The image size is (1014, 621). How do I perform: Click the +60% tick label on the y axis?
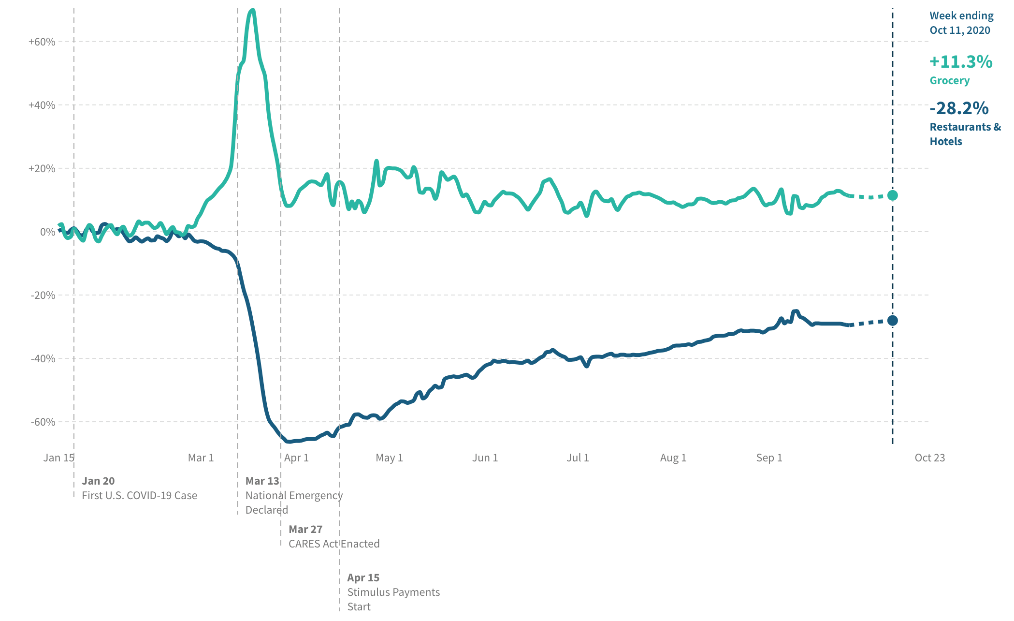tap(42, 42)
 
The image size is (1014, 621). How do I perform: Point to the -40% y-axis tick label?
tap(43, 359)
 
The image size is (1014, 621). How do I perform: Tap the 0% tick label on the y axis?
tap(47, 232)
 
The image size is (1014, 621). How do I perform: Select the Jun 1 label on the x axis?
tap(485, 458)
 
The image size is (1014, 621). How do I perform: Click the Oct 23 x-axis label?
tap(929, 458)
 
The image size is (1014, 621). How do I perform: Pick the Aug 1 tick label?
tap(673, 458)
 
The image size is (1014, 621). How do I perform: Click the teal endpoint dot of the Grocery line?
tap(893, 195)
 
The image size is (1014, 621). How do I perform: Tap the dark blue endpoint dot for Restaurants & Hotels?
tap(893, 321)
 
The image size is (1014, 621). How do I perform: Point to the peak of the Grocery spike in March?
tap(252, 11)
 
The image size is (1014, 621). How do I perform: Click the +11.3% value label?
tap(961, 62)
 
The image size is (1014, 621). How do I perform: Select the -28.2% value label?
tap(959, 108)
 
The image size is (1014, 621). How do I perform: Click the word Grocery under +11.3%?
tap(949, 81)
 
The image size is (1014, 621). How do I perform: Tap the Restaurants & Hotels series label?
tap(965, 134)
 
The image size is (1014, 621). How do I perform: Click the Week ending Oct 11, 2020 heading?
tap(961, 23)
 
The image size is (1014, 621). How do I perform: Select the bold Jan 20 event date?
tap(98, 481)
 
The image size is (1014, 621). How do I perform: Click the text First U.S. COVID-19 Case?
tap(139, 496)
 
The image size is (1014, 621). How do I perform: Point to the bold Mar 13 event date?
tap(262, 481)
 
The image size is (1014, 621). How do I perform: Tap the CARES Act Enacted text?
tap(334, 544)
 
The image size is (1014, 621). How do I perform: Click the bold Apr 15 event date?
tap(363, 578)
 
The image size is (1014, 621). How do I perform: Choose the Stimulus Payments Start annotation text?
tap(393, 599)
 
